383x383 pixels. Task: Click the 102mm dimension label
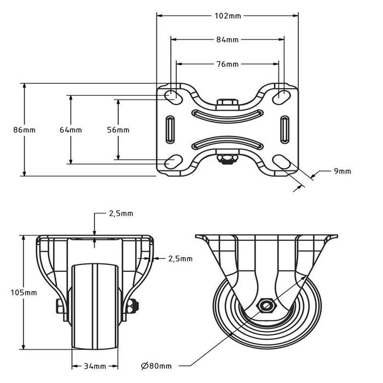point(228,16)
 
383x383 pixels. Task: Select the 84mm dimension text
point(228,40)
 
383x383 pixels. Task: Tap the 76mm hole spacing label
point(228,64)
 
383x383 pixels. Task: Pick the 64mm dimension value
point(71,130)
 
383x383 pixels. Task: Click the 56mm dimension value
point(118,130)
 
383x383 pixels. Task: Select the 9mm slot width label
point(342,171)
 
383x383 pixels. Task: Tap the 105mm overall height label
point(24,293)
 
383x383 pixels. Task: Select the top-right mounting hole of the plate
point(283,96)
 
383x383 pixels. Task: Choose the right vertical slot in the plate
point(285,129)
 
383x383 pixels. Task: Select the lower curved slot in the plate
point(227,143)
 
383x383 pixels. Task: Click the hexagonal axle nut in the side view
point(266,304)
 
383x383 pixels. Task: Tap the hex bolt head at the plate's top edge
point(227,103)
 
